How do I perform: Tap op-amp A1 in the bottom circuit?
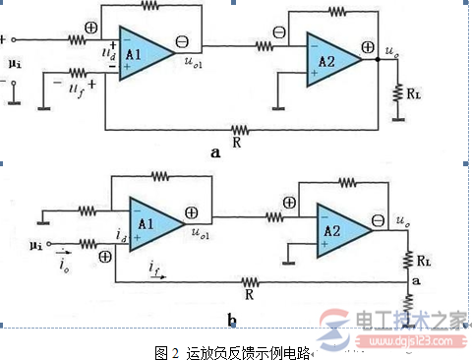pos(150,224)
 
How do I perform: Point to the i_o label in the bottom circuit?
pos(36,264)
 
